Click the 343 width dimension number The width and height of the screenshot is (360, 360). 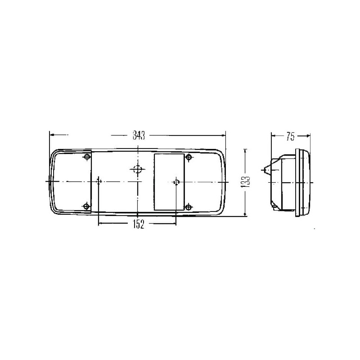(x=139, y=135)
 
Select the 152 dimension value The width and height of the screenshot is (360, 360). (x=139, y=224)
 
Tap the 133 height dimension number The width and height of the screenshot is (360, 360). (x=245, y=182)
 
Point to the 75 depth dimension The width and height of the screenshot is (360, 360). (x=290, y=137)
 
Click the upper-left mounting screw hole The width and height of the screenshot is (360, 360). (x=87, y=157)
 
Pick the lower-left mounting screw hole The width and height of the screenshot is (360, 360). (x=86, y=206)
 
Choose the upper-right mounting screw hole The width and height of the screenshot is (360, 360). (x=189, y=157)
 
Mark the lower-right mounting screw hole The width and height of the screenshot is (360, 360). (x=189, y=207)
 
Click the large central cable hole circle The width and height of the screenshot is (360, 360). (x=138, y=170)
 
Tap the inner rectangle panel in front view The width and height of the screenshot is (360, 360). (x=170, y=182)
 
